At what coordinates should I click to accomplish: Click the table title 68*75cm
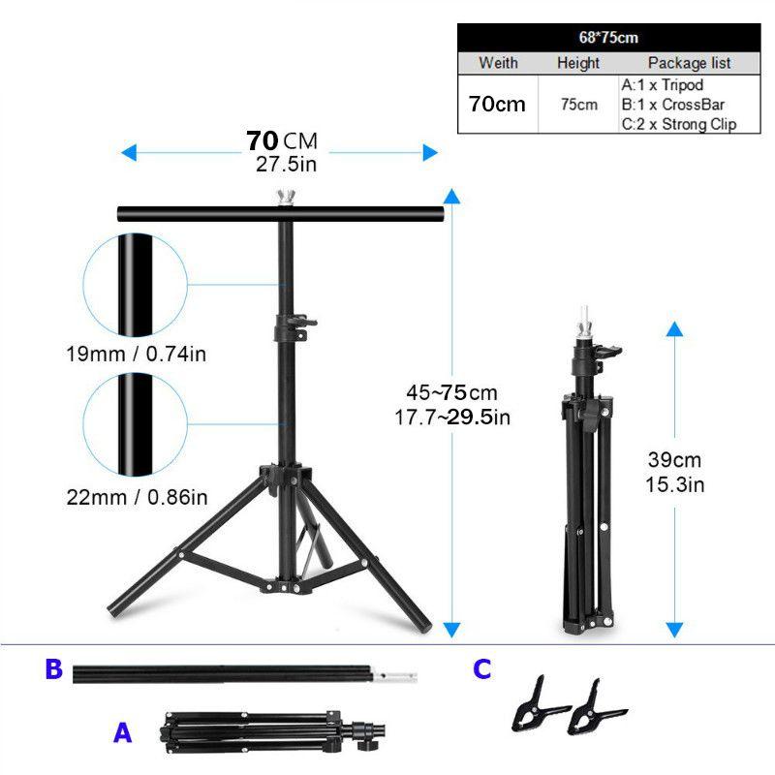coord(608,38)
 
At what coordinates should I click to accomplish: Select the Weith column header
coord(498,63)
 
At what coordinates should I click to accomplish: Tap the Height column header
coord(578,63)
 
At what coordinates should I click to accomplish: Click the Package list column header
coord(690,63)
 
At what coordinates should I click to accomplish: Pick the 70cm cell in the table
coord(497,104)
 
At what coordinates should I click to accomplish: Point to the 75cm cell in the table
coord(579,105)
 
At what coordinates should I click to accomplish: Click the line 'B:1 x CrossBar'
coord(673,105)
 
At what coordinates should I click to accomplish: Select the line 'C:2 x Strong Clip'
coord(679,124)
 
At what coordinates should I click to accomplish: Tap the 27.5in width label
coord(286,164)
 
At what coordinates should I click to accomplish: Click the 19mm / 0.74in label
coord(136,354)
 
